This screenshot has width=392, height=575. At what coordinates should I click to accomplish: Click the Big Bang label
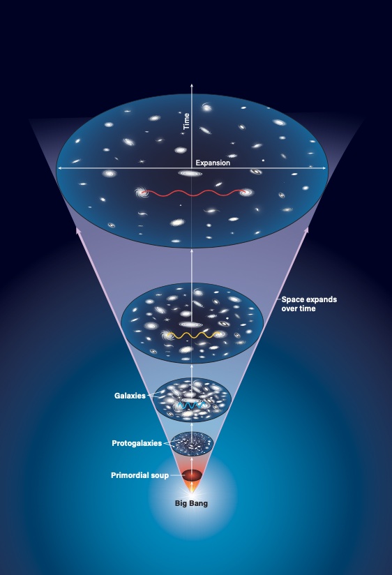click(191, 503)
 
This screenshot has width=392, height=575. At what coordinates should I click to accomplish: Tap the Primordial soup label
click(140, 475)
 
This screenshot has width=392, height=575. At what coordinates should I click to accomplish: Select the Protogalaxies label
click(137, 443)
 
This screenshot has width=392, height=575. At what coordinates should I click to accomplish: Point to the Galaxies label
click(130, 396)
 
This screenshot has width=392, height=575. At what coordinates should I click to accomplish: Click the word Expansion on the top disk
click(213, 163)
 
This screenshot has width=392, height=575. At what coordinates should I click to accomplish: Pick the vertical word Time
click(187, 121)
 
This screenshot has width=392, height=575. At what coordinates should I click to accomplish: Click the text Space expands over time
click(309, 304)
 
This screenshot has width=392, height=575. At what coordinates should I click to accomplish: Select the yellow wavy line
click(193, 335)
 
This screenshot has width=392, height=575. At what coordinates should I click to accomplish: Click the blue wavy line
click(191, 405)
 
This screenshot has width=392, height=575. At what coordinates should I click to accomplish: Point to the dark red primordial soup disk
click(191, 475)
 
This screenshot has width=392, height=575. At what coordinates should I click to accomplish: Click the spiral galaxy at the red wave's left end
click(140, 191)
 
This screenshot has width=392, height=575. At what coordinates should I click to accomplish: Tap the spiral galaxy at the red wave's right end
click(247, 192)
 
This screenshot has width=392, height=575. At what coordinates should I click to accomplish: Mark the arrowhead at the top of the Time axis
click(191, 86)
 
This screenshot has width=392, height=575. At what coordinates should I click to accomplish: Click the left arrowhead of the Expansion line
click(59, 168)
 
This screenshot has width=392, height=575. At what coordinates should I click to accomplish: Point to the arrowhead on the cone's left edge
click(77, 230)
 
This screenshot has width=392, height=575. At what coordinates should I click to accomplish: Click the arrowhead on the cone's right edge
click(308, 230)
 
